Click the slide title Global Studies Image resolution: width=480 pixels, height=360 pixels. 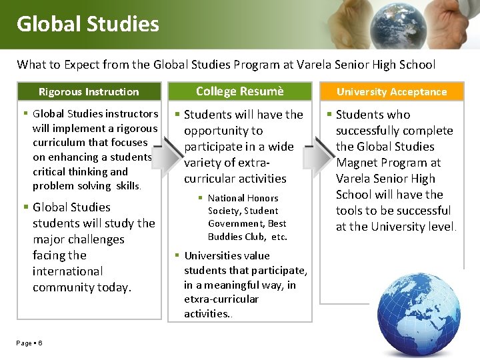88,24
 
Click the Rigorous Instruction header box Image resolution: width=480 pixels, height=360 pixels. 89,92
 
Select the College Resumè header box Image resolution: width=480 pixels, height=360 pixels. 239,91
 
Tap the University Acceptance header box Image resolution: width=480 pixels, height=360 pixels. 391,92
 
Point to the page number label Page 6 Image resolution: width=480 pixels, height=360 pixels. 30,343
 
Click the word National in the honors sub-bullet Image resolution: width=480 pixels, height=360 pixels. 225,198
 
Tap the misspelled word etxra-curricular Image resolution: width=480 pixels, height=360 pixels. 221,299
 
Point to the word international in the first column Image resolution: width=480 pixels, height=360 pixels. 67,271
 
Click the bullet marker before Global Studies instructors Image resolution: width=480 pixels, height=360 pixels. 25,114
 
